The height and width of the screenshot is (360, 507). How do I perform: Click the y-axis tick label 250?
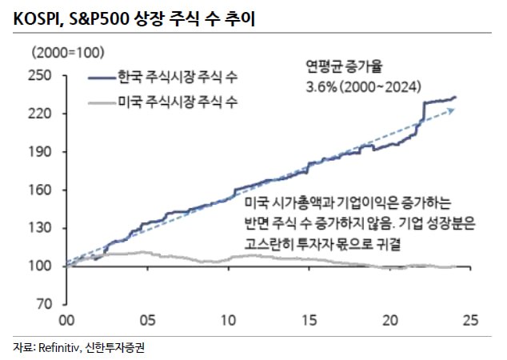[x=40, y=76]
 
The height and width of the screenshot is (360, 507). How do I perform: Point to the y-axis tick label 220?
[x=40, y=114]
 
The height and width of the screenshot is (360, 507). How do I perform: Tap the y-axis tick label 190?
[x=40, y=152]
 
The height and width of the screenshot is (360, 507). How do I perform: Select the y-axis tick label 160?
[x=40, y=190]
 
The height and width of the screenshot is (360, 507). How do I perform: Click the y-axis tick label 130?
[x=40, y=228]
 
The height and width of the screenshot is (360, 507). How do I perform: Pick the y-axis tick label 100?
[x=40, y=266]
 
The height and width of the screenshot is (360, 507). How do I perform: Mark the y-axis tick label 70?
[x=44, y=304]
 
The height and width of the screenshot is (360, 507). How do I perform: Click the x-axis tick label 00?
[x=66, y=320]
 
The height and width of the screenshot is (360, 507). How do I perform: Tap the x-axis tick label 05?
[x=147, y=320]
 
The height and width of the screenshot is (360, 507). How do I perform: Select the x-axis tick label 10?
[x=228, y=320]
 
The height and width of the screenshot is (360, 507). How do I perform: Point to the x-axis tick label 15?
[x=309, y=320]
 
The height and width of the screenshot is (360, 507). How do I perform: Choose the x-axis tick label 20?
[x=390, y=320]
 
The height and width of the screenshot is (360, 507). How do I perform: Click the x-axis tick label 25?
[x=470, y=320]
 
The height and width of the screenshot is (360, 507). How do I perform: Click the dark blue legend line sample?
[x=102, y=78]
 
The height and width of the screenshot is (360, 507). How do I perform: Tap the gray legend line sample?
[x=102, y=103]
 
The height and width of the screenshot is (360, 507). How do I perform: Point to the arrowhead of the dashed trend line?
[x=451, y=110]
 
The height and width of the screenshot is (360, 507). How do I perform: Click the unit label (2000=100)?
[x=68, y=52]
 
